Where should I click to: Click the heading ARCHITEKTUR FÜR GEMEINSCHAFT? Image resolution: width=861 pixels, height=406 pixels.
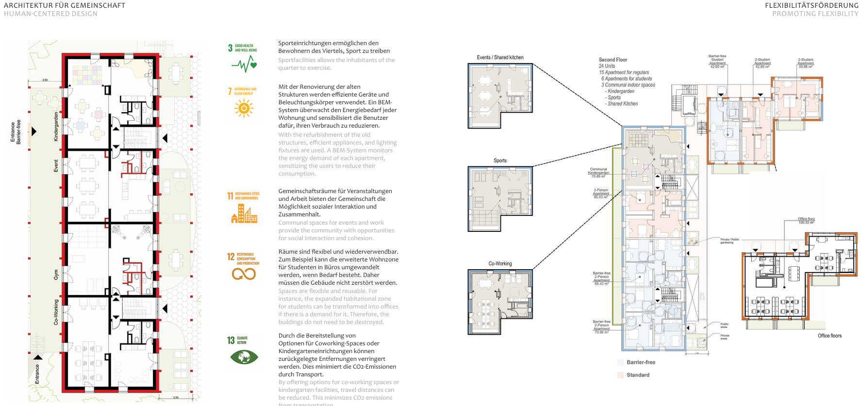(x=65, y=5)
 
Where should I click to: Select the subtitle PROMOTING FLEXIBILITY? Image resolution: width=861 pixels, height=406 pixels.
(x=815, y=14)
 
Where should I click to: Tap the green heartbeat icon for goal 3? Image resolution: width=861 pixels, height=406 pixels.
(x=244, y=64)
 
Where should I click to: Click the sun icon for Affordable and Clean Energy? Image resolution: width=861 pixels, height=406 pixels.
(x=244, y=108)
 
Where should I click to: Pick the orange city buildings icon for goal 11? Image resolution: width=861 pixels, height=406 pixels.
(x=244, y=213)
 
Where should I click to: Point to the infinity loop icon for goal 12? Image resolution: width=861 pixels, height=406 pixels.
(x=244, y=274)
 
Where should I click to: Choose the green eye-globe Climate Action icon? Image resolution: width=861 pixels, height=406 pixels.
(x=244, y=357)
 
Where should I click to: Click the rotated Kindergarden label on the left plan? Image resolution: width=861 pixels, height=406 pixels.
(x=56, y=127)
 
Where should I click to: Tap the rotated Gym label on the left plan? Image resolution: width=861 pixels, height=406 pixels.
(x=56, y=275)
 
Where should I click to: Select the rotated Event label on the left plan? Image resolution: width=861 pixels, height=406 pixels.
(x=56, y=166)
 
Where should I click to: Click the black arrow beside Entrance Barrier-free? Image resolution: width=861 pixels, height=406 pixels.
(x=34, y=131)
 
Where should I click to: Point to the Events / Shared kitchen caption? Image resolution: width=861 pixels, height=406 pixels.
(x=500, y=57)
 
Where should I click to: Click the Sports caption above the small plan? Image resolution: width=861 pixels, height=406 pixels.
(x=500, y=161)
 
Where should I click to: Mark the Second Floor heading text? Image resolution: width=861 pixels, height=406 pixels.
(x=613, y=60)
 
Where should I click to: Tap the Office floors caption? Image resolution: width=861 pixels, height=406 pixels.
(x=829, y=336)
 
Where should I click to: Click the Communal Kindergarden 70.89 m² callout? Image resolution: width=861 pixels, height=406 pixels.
(x=598, y=173)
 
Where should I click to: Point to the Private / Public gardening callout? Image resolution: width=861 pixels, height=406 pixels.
(x=729, y=241)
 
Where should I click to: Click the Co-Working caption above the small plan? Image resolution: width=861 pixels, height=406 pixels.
(x=500, y=264)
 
